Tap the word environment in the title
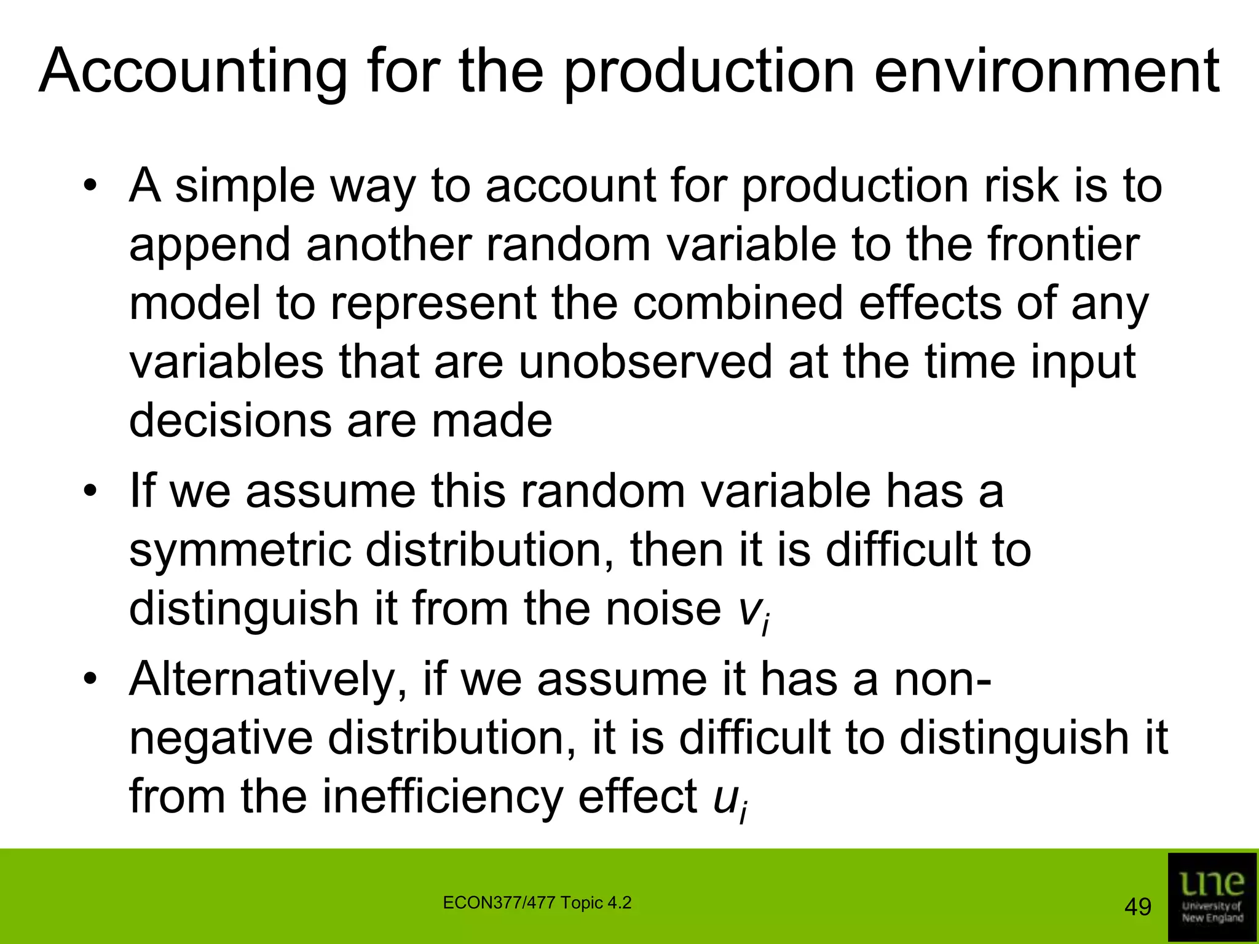(1046, 73)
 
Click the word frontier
(1064, 244)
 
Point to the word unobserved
(645, 362)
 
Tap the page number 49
(1137, 907)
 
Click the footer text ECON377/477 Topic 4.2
(537, 903)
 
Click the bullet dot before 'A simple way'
(91, 186)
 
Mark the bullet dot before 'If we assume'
(91, 492)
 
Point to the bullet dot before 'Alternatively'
(91, 680)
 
